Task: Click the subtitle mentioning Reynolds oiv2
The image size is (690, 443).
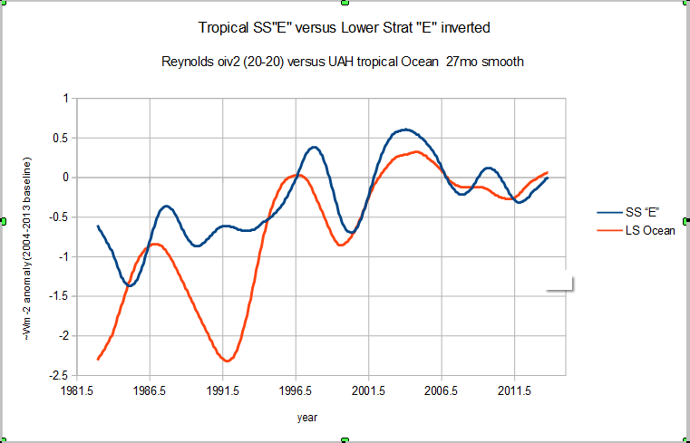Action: [344, 63]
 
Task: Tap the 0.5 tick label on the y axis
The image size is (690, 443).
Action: [62, 138]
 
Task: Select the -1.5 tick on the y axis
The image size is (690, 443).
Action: [60, 296]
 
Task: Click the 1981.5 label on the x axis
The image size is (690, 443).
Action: [77, 391]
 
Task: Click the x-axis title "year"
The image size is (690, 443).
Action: [308, 418]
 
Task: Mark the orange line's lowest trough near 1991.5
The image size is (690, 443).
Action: [227, 361]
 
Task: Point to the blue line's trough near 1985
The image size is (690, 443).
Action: [130, 285]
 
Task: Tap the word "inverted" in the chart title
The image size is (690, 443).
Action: [465, 28]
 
